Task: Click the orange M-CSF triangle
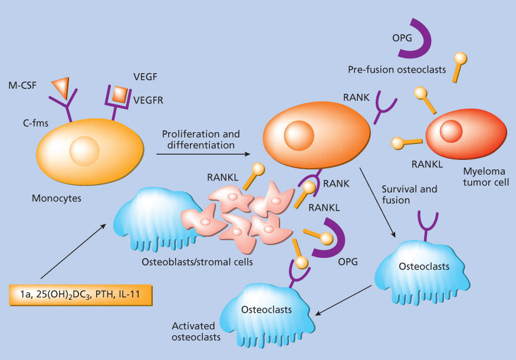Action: [x=61, y=87]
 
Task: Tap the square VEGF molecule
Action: [x=120, y=93]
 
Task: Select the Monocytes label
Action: [x=57, y=198]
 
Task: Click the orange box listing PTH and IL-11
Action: [x=81, y=294]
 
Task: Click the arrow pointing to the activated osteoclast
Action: [x=342, y=301]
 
